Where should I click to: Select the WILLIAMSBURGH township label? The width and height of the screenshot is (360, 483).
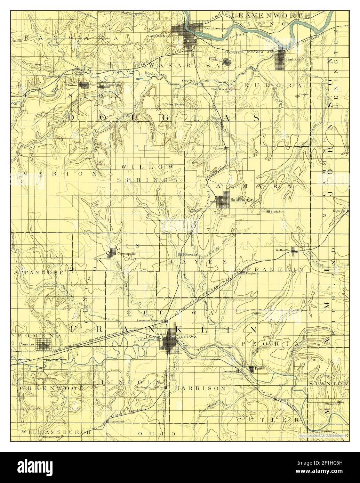[x=56, y=432]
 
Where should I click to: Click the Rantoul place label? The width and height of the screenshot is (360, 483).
[x=284, y=400]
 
